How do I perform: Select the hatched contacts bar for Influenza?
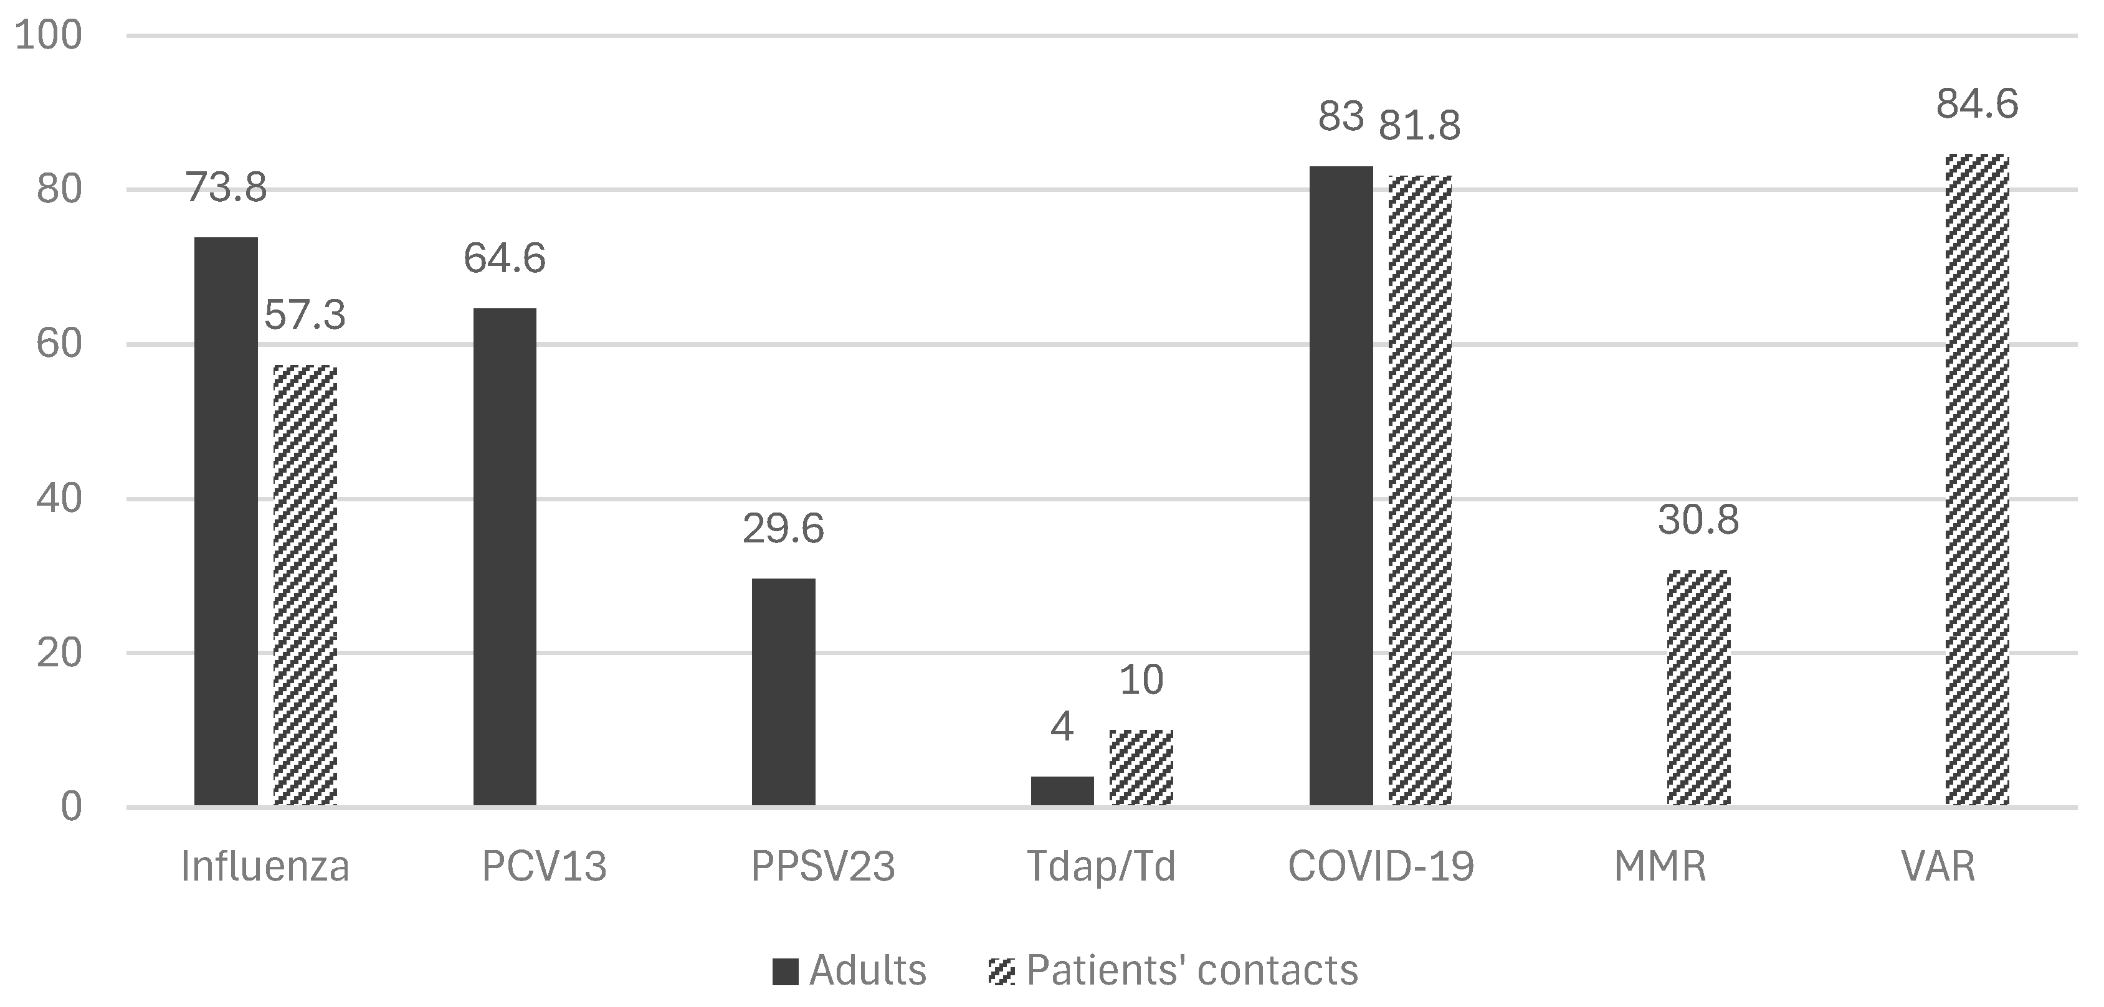(305, 585)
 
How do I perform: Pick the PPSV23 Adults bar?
(783, 692)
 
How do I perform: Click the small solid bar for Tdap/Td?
(1062, 790)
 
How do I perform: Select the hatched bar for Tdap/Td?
(1141, 768)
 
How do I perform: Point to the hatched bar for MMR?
(1698, 688)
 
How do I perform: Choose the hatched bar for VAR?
(1976, 480)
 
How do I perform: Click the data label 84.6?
(1976, 105)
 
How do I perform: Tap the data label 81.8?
(1419, 126)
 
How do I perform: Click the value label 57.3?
(305, 315)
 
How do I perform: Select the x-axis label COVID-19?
(1381, 866)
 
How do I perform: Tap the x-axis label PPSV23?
(822, 866)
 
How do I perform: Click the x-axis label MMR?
(1660, 866)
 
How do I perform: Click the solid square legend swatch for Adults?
(785, 971)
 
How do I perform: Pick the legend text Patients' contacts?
(1192, 970)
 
